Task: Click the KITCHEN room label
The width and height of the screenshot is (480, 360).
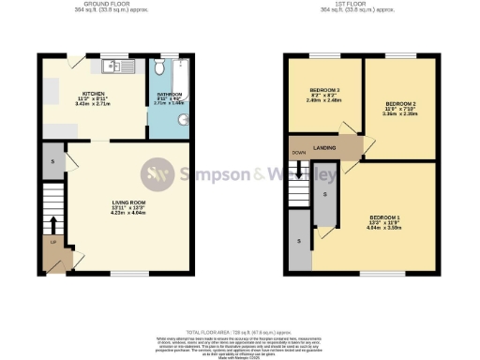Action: click(x=92, y=94)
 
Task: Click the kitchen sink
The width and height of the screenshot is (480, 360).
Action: click(x=114, y=67)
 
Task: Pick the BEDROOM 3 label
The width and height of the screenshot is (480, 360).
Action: click(x=324, y=90)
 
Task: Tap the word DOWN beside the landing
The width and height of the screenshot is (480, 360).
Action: click(x=298, y=151)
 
